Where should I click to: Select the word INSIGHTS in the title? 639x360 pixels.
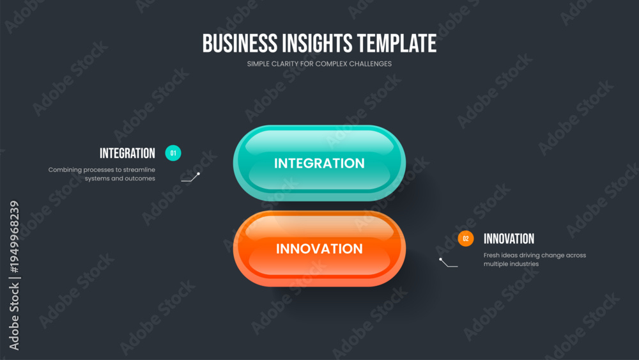click(317, 43)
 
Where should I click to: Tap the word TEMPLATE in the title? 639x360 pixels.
click(397, 43)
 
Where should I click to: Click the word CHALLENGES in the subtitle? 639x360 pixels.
click(370, 64)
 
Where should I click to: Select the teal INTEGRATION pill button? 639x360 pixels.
click(319, 162)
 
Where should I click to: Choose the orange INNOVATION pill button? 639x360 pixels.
click(319, 248)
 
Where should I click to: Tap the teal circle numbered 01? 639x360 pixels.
click(173, 153)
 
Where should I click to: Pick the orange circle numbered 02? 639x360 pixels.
click(466, 239)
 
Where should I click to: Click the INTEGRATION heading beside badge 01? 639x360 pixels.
click(128, 153)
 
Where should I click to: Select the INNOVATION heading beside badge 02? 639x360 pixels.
click(509, 239)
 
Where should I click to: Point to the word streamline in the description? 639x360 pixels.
click(139, 169)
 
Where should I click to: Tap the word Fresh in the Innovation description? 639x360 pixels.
click(491, 255)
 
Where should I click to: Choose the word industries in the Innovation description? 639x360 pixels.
click(524, 264)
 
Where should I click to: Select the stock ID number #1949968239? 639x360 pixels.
click(14, 237)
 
